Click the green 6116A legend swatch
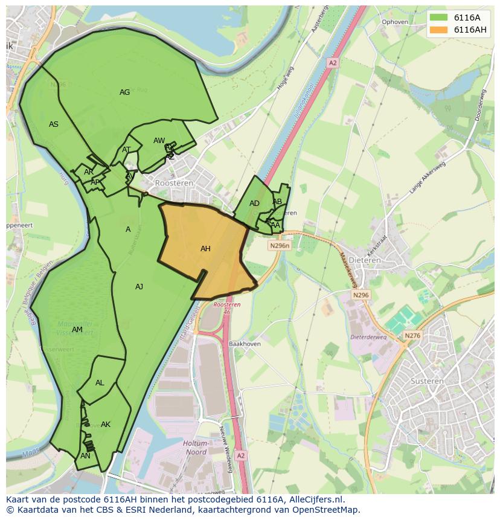point(438,18)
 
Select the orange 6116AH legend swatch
point(438,30)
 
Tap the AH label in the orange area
point(205,248)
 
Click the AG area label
point(124,92)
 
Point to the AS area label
point(54,124)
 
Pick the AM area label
point(77,330)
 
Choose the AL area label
point(100,383)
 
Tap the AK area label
point(106,425)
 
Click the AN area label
point(85,456)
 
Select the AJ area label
point(139,287)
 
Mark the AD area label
point(254,204)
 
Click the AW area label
point(159,141)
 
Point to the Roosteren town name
point(175,183)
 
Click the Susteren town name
point(427,381)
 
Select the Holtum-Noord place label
point(195,448)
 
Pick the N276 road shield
point(412,336)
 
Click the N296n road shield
point(280,246)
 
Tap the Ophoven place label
point(396,22)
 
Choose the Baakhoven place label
point(244,344)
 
